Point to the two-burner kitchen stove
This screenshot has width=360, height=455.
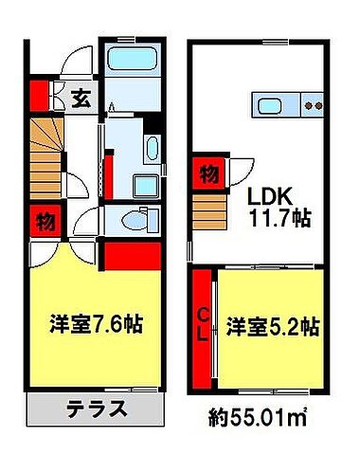coord(314,105)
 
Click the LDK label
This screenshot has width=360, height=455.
coord(273,195)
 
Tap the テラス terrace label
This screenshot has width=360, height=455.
coord(96,410)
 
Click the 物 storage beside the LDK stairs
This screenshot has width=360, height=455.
coord(207,173)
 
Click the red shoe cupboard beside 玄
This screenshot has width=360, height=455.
coord(39,96)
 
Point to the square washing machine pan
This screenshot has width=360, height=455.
coord(148,186)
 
